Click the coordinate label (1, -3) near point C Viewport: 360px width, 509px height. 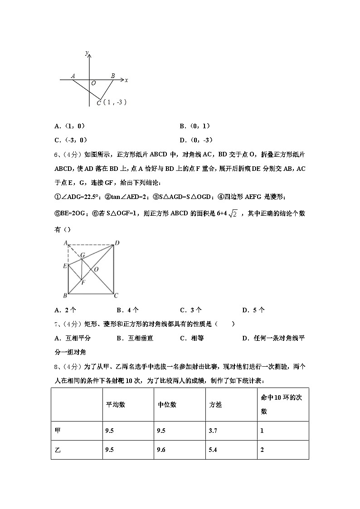[115, 102]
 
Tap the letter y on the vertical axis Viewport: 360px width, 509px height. [87, 53]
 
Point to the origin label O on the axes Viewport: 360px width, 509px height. [93, 83]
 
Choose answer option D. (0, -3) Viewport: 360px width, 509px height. [196, 140]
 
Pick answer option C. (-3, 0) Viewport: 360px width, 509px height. [70, 140]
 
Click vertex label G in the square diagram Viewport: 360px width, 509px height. [83, 256]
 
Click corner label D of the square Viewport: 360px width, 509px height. [117, 243]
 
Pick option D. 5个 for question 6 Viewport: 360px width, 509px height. [253, 310]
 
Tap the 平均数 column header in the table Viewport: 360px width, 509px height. [116, 405]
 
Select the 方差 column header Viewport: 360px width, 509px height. [216, 405]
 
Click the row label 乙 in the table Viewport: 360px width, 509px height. [58, 450]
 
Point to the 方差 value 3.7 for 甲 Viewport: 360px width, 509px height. [213, 431]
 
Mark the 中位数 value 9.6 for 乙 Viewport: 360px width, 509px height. [162, 450]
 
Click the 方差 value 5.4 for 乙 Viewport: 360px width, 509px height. [213, 450]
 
